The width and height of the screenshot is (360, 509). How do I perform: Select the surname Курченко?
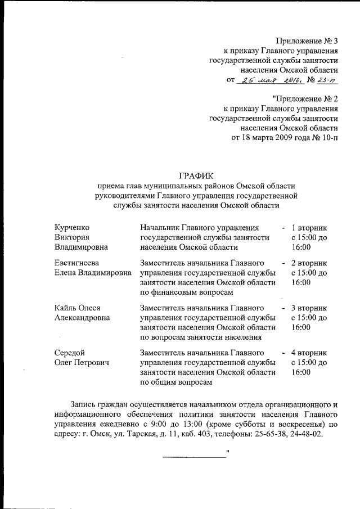tap(73, 228)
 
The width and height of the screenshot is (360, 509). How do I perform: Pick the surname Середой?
tap(70, 353)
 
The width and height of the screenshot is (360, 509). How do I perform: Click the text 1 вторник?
tap(309, 228)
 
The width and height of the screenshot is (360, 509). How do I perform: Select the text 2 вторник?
tap(309, 263)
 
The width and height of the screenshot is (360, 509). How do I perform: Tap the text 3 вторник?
tap(309, 308)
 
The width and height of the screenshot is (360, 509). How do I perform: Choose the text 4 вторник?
tap(309, 353)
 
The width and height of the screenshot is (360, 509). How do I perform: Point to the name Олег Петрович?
tap(82, 363)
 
